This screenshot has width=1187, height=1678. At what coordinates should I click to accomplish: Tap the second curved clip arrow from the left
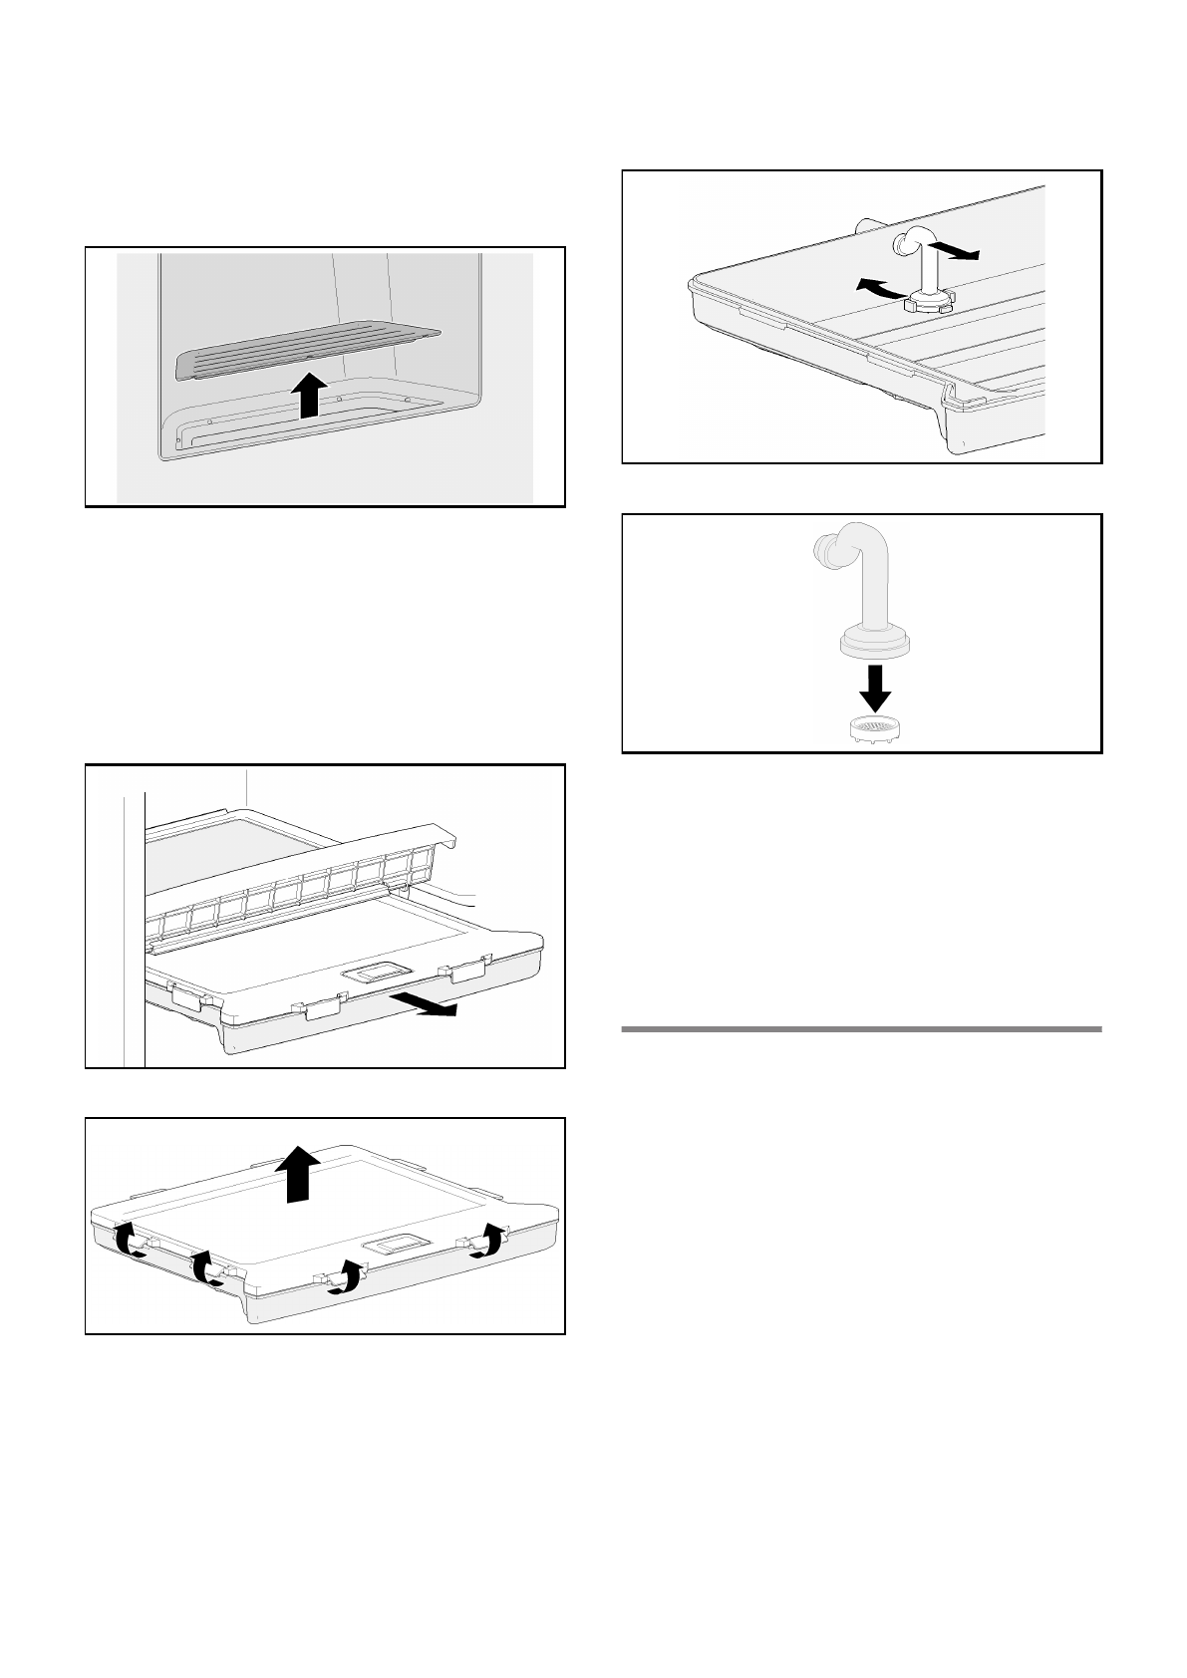click(x=206, y=1267)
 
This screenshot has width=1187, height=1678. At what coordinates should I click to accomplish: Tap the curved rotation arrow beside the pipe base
click(x=879, y=289)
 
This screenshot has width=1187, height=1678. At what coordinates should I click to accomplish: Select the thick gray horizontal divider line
click(x=861, y=1028)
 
